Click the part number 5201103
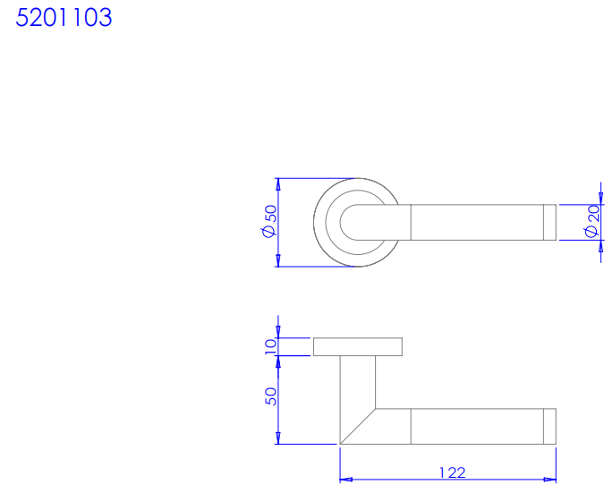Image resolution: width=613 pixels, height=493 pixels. point(64,18)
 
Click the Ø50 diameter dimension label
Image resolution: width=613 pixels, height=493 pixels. point(269,221)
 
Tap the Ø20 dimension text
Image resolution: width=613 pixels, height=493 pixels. point(592,221)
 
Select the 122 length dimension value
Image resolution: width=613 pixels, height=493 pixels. point(453,473)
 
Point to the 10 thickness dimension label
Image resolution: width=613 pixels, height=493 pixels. point(270,347)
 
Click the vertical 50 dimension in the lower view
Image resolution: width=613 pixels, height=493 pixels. point(270,396)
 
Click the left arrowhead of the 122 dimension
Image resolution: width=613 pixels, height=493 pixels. point(346,480)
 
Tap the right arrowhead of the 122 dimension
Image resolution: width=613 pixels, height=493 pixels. point(549,480)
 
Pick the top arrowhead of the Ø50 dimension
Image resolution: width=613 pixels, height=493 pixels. point(278,184)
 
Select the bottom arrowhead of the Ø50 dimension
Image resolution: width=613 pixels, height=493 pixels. point(278,260)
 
